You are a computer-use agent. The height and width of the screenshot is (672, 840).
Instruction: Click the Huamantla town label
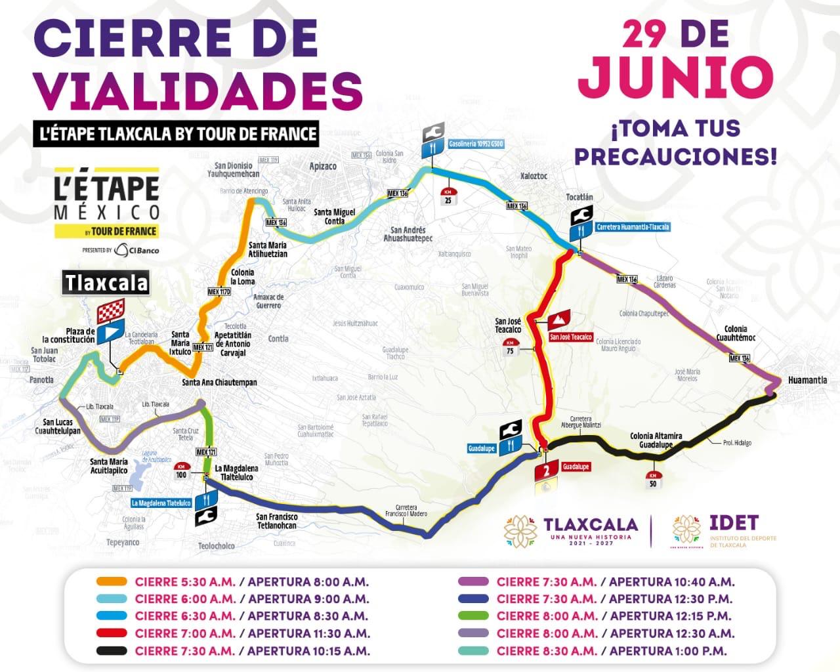(x=807, y=380)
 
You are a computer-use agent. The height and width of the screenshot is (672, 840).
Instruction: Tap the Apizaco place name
(x=323, y=167)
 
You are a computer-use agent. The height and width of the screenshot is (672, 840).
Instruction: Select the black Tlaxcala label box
(x=106, y=283)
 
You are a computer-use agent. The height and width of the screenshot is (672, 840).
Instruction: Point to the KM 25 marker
(x=448, y=196)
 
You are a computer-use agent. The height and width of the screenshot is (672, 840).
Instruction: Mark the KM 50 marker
(x=652, y=480)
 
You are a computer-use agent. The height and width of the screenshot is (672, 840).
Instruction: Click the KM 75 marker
(x=510, y=347)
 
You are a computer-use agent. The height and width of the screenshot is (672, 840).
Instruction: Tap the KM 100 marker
(x=181, y=471)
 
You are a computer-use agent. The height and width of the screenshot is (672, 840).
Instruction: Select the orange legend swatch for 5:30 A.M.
(x=112, y=581)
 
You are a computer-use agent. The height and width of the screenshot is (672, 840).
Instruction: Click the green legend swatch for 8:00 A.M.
(x=472, y=616)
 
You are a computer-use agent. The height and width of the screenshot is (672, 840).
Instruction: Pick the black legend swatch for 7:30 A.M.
(x=112, y=651)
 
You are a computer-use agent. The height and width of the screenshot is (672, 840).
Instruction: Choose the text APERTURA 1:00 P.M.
(x=668, y=651)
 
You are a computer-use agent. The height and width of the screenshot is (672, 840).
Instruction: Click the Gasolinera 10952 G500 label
(x=476, y=144)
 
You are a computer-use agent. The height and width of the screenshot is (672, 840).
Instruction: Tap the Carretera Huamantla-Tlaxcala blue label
(x=633, y=227)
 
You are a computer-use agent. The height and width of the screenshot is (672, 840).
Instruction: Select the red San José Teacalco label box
(x=570, y=337)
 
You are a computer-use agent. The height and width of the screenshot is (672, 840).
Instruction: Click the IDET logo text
(x=734, y=523)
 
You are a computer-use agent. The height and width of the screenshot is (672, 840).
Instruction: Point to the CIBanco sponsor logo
(x=136, y=250)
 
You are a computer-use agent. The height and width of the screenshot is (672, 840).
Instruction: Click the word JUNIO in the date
(x=675, y=76)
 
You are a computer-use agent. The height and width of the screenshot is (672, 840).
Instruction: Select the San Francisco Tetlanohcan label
(x=276, y=521)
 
